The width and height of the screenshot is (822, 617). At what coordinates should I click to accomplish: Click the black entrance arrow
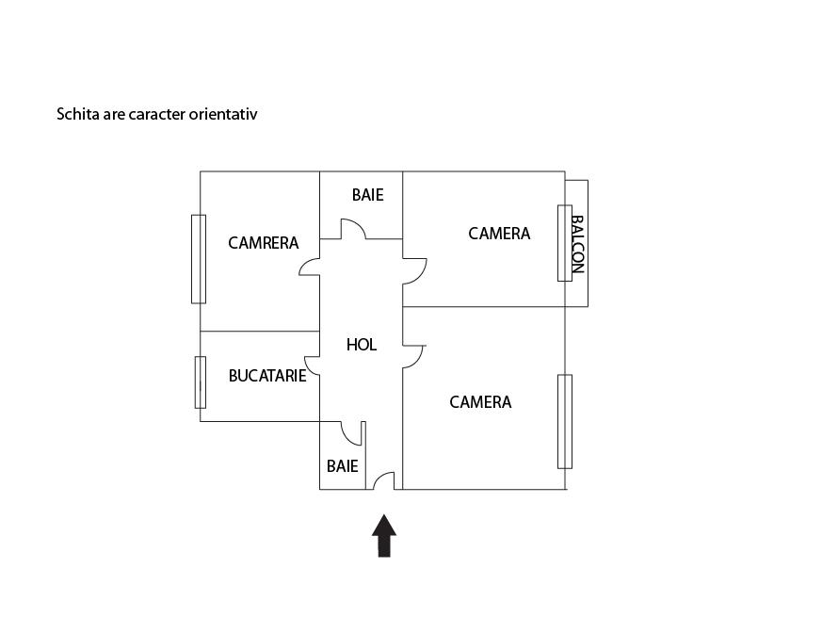[384, 536]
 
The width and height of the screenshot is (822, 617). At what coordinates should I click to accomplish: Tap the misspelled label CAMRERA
[263, 243]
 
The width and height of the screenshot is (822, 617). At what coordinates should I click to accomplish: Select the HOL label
[362, 345]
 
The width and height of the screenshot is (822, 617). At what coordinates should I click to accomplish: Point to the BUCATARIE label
[267, 375]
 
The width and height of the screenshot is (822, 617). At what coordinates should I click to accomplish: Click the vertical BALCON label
[578, 244]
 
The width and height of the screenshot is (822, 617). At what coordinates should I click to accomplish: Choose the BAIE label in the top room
[367, 195]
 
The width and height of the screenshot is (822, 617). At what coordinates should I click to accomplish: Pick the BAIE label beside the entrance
[342, 465]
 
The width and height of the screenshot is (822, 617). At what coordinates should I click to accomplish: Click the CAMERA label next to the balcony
[499, 234]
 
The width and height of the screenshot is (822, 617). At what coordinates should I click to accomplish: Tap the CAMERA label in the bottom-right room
[480, 402]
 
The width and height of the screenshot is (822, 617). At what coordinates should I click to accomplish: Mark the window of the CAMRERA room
[199, 259]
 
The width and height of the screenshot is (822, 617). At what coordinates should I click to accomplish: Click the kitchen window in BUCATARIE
[200, 382]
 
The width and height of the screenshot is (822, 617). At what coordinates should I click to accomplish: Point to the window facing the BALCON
[564, 242]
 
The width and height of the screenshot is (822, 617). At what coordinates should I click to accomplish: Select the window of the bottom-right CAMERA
[564, 421]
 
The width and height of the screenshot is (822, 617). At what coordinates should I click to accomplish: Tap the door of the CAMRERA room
[310, 267]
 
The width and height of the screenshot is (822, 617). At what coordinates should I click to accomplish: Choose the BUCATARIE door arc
[313, 366]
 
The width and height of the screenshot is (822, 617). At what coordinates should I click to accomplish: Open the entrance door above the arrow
[384, 481]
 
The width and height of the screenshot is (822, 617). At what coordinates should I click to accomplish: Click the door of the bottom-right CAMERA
[414, 356]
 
